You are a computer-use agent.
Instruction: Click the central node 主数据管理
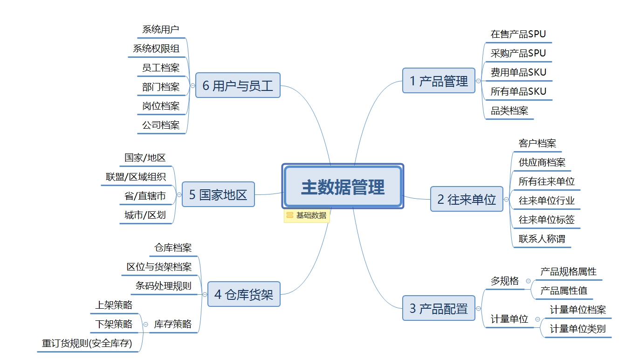(343, 187)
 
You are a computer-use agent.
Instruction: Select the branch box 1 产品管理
(439, 81)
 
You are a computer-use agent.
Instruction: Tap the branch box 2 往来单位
(467, 199)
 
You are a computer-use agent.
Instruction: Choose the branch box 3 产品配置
(439, 308)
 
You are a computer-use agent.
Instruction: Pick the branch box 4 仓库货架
(243, 294)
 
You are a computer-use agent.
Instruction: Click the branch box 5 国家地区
(218, 194)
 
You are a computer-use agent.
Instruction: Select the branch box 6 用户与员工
(238, 85)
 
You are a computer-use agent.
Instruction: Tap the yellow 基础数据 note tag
(307, 215)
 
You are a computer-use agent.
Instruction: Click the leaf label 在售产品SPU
(518, 34)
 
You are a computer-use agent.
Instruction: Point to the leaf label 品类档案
(509, 111)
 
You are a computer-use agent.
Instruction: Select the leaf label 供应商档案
(542, 162)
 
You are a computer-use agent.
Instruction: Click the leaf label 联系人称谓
(542, 239)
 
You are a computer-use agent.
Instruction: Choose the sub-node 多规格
(504, 281)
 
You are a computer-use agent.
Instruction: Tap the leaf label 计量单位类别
(577, 328)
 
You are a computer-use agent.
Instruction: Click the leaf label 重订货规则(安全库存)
(87, 344)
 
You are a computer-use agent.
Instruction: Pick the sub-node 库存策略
(172, 324)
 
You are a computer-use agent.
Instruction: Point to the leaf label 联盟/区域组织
(136, 177)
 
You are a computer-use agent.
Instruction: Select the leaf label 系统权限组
(156, 48)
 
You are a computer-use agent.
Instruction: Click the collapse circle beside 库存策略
(146, 324)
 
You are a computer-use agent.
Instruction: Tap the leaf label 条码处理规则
(163, 286)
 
